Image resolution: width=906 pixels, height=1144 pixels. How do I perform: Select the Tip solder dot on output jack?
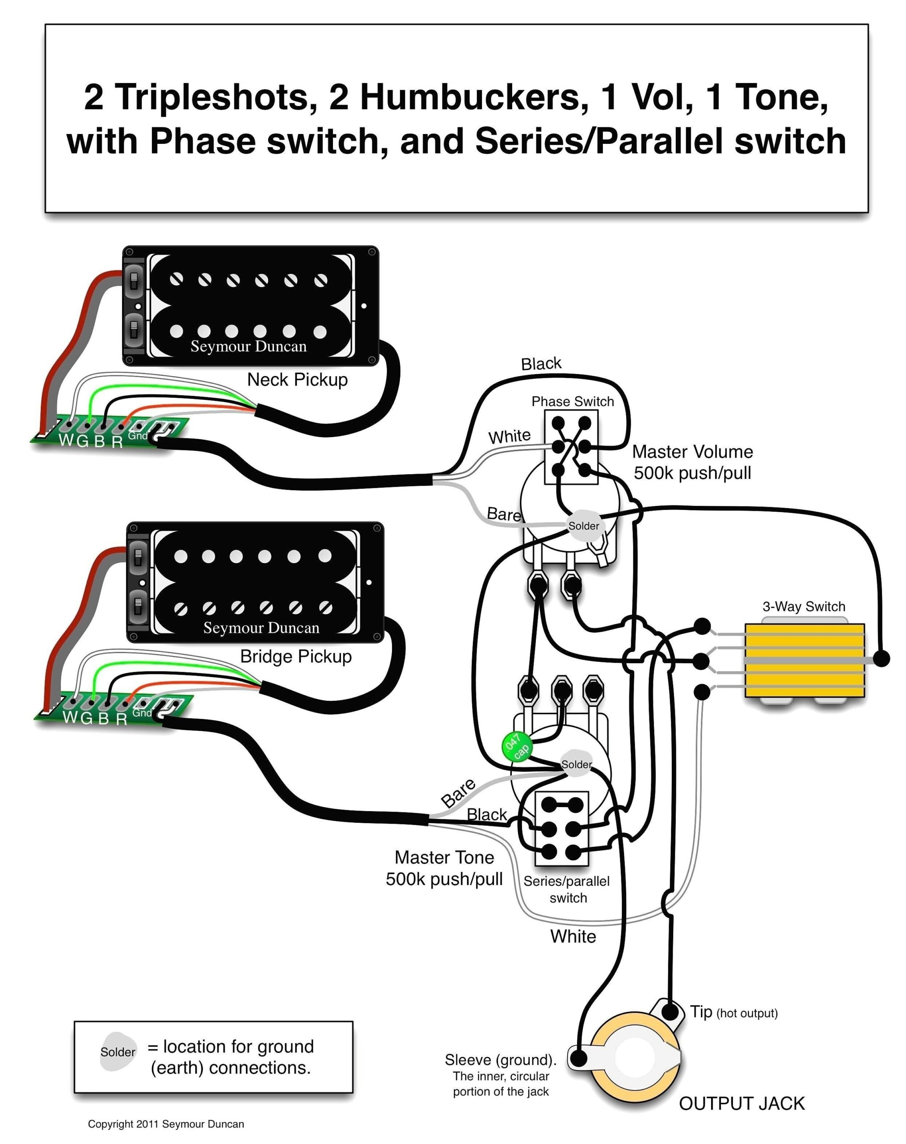[670, 1012]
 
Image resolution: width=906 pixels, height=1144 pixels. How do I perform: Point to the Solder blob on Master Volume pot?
[585, 526]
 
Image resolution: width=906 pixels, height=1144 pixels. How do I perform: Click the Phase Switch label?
[573, 401]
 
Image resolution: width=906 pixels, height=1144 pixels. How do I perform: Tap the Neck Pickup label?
[297, 380]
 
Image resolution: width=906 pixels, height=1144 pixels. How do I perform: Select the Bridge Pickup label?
[295, 656]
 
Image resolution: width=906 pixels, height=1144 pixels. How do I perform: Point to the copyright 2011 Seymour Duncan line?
[165, 1124]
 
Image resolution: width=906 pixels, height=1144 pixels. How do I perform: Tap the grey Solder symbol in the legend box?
[118, 1051]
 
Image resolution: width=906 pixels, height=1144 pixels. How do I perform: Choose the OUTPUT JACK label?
[742, 1104]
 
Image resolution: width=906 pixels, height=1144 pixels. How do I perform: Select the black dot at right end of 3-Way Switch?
[881, 659]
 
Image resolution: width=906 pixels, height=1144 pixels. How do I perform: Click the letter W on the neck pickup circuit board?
[66, 440]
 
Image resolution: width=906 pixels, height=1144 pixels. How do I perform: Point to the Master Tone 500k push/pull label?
[444, 868]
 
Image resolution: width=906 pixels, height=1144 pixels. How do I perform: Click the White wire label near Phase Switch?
[509, 437]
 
